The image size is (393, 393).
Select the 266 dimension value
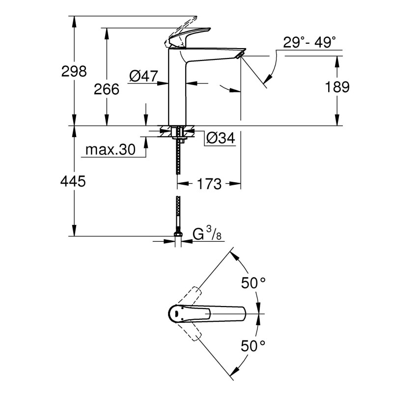pyautogui.click(x=107, y=89)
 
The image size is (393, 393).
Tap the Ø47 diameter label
pyautogui.click(x=143, y=76)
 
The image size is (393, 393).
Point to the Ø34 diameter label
pyautogui.click(x=220, y=139)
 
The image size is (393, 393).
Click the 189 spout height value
pyautogui.click(x=337, y=87)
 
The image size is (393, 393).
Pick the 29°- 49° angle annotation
pyautogui.click(x=313, y=43)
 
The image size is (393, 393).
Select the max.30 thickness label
pyautogui.click(x=110, y=150)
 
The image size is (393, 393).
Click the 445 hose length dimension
pyautogui.click(x=73, y=181)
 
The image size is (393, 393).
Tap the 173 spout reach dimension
pyautogui.click(x=208, y=184)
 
